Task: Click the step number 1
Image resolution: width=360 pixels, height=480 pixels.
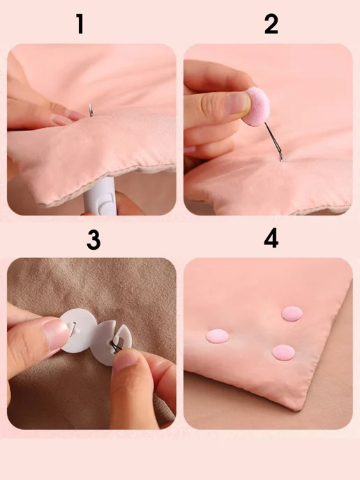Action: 80,24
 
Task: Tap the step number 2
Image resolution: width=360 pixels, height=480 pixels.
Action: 271,24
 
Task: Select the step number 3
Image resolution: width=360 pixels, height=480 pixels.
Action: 93,240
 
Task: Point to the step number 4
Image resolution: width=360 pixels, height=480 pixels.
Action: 271,238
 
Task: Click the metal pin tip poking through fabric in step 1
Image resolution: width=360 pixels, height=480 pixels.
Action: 91,110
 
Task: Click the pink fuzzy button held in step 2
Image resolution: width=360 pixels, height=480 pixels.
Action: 257,106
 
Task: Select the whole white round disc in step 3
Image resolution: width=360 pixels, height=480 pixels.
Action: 79,330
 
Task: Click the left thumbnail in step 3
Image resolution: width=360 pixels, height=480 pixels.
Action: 56,335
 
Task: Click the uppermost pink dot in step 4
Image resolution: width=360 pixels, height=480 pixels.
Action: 292,313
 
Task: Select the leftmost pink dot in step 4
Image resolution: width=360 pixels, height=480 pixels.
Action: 218,336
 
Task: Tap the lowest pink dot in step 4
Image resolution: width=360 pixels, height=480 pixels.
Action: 283,352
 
